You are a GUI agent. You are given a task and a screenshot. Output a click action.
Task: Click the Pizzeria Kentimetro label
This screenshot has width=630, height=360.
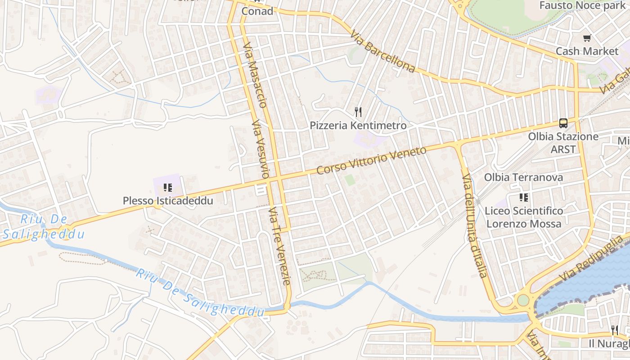358,126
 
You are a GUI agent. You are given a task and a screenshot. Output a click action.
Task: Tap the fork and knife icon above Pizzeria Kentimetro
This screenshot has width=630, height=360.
358,112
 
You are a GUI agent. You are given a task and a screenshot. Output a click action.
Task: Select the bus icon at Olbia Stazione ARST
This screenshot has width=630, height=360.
563,123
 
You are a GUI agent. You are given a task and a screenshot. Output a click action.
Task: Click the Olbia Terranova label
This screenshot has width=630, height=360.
523,177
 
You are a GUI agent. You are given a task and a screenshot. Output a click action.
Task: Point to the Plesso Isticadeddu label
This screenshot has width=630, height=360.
168,201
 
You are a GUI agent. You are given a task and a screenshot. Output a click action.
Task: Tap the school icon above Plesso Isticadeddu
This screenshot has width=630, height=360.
168,188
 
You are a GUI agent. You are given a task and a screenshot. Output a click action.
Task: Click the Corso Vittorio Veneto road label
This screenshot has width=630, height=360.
371,161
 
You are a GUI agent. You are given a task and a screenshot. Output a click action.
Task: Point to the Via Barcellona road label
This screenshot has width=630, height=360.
382,52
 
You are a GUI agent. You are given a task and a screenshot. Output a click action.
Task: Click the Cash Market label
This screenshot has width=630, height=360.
587,51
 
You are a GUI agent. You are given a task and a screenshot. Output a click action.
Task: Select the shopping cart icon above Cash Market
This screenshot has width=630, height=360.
587,38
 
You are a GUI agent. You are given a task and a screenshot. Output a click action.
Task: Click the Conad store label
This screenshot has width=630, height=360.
257,11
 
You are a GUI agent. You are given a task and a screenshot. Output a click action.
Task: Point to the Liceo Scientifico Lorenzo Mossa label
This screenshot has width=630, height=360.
524,217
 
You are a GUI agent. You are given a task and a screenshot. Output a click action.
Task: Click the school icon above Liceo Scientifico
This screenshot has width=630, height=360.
523,197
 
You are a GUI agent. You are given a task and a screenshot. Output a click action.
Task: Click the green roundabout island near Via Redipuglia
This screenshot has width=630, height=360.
523,300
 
